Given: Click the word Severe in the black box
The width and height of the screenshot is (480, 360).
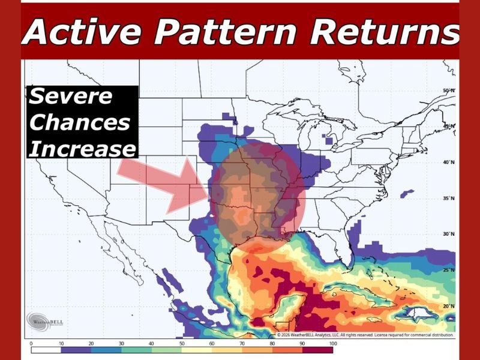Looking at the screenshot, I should [71, 96].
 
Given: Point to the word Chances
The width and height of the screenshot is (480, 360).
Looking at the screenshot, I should [79, 122].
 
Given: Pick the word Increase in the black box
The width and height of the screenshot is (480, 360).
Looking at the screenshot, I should [82, 148].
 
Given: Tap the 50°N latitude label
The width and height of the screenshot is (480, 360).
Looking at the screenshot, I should [449, 91].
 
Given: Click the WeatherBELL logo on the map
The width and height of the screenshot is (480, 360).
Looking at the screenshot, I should [46, 320].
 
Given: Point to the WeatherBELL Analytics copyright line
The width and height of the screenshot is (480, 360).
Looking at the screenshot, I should [364, 334].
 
